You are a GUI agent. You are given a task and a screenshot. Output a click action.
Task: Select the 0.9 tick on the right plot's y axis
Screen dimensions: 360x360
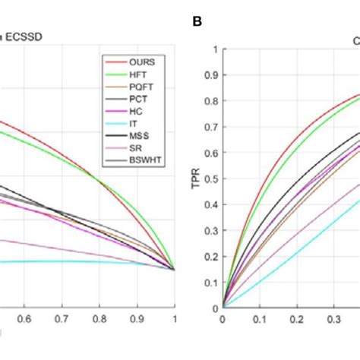tap(212, 76)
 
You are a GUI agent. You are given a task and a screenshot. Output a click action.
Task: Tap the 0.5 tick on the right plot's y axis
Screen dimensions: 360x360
tap(212, 179)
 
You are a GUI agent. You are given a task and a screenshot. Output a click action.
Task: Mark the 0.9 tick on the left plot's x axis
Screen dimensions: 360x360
tap(137, 320)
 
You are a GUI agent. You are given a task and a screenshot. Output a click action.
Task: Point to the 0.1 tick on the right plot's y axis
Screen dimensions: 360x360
tap(212, 283)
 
